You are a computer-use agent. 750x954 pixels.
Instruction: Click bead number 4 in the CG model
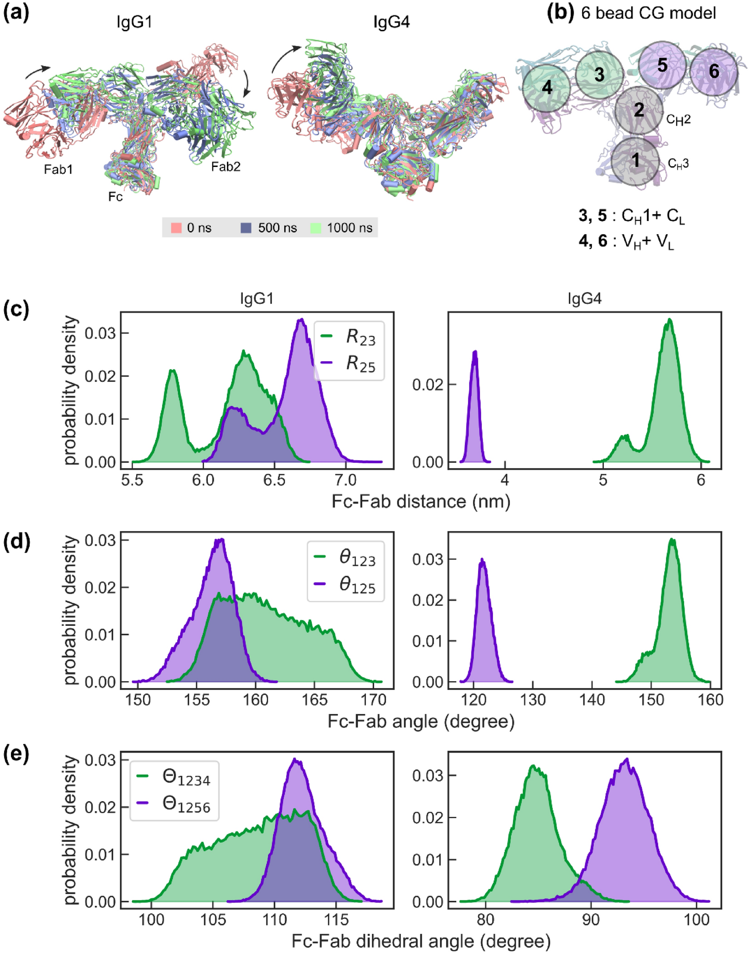pos(546,88)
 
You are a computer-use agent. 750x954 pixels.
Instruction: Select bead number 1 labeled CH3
pos(635,161)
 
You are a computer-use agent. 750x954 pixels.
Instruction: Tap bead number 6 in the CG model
pos(713,72)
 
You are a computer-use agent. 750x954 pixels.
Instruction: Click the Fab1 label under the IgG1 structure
pos(58,170)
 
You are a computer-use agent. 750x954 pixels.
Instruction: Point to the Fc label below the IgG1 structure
pos(115,197)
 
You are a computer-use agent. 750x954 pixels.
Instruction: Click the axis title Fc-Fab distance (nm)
pos(421,502)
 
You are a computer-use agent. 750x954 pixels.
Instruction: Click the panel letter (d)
pos(16,542)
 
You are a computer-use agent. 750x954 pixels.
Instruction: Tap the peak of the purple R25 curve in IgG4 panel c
pos(475,352)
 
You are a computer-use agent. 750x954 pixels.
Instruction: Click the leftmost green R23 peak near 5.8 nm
pos(173,371)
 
